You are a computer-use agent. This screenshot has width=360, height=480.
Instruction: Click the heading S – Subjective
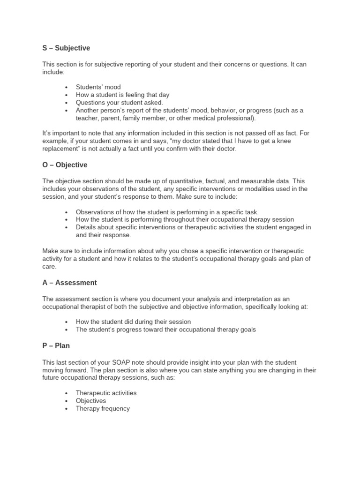(66, 48)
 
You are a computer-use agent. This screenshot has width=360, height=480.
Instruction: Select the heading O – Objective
(65, 165)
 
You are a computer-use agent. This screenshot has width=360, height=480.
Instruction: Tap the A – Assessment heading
(69, 283)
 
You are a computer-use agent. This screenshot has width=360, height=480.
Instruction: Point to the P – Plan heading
(56, 345)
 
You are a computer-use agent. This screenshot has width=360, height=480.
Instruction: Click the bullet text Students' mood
(98, 87)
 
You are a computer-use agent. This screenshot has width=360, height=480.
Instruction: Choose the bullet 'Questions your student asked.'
(120, 103)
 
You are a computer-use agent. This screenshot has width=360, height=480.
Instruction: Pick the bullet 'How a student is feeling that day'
(122, 95)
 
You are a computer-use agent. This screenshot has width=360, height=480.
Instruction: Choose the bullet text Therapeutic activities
(106, 393)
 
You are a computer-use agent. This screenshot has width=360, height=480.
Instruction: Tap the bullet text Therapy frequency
(103, 408)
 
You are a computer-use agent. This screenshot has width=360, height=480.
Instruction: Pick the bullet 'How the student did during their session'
(133, 322)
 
